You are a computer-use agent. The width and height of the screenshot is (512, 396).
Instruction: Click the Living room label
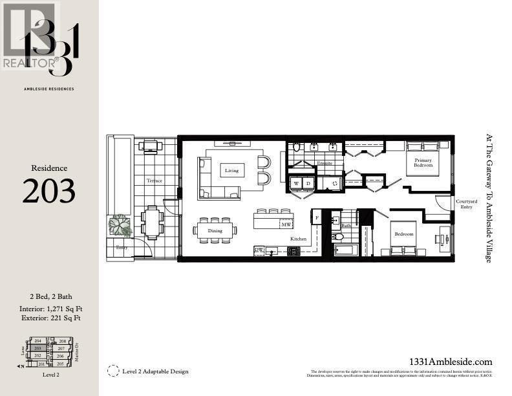[x=232, y=171]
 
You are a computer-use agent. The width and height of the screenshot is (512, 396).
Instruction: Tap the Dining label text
[x=215, y=230]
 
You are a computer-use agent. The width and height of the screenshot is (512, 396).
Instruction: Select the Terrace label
[x=155, y=181]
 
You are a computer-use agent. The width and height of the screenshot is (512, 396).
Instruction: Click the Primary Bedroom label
[x=423, y=161]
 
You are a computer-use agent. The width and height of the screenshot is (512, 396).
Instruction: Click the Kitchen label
[x=298, y=239]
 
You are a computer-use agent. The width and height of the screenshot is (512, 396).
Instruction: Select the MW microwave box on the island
[x=286, y=225]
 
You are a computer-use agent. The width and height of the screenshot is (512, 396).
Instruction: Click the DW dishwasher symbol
[x=259, y=250]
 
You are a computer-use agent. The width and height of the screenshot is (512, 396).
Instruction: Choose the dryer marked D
[x=308, y=183]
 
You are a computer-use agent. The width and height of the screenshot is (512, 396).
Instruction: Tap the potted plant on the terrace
[x=120, y=226]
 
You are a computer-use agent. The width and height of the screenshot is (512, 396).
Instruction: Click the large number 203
[x=49, y=190]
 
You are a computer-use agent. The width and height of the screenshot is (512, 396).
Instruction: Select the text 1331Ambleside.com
[x=451, y=362]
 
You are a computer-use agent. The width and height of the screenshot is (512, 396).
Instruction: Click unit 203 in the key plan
[x=38, y=348]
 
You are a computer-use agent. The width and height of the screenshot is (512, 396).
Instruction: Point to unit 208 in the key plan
[x=62, y=341]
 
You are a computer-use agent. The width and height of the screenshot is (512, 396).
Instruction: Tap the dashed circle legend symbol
[x=113, y=371]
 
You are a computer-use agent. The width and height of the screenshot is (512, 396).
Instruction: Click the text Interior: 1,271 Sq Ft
[x=49, y=308]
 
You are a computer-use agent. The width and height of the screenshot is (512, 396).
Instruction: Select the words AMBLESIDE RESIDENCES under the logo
[x=49, y=89]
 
